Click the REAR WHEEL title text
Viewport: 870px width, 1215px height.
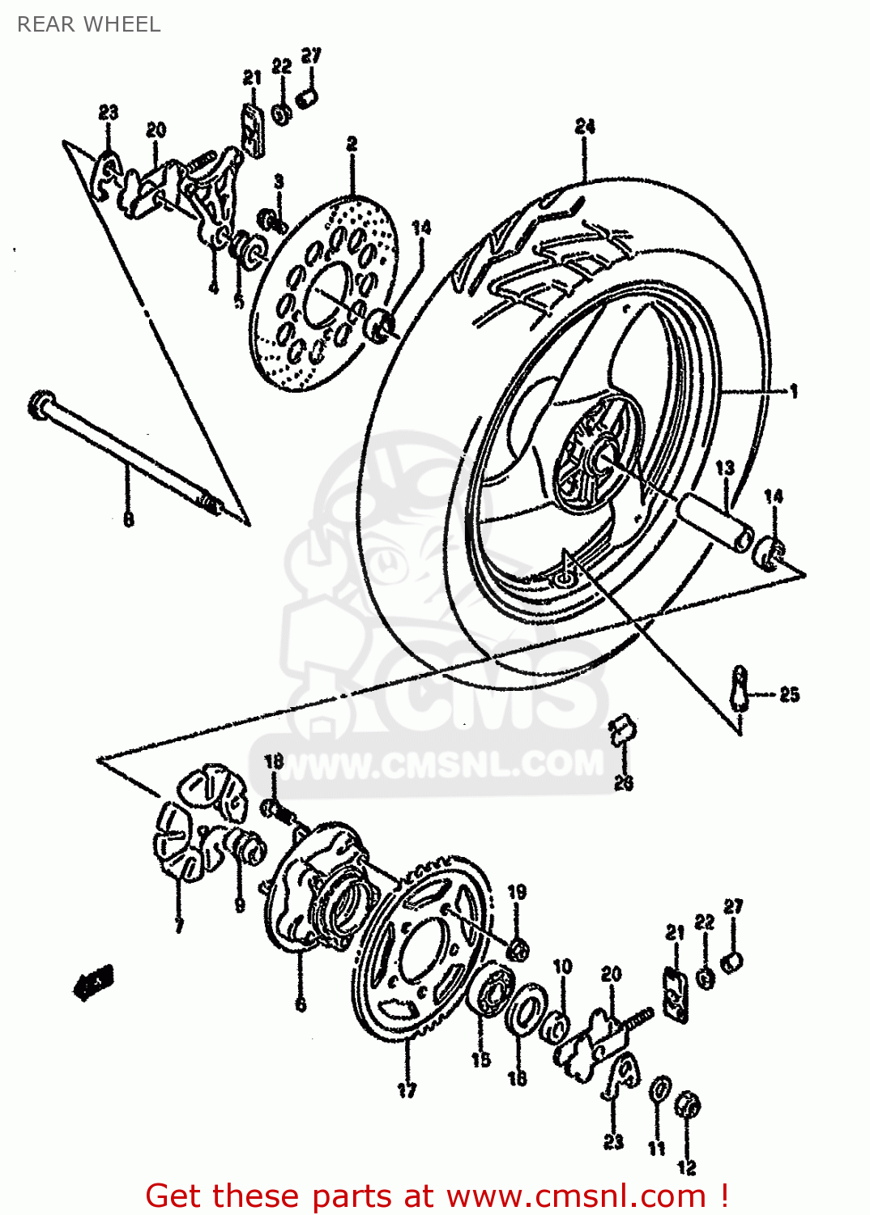click(x=88, y=24)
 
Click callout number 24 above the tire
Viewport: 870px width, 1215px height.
click(x=585, y=126)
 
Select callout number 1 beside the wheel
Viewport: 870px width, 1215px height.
click(x=794, y=391)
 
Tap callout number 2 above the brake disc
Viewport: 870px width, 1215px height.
click(x=352, y=143)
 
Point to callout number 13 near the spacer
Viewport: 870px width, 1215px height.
click(x=724, y=467)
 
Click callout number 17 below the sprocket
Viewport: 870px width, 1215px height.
click(x=407, y=1090)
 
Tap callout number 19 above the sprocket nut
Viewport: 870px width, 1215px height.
click(x=517, y=892)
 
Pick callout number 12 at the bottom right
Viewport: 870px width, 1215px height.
click(x=687, y=1167)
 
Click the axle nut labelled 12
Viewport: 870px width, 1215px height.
click(x=688, y=1104)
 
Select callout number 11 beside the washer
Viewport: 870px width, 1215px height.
click(x=656, y=1148)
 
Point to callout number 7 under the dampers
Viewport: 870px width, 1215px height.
click(x=179, y=925)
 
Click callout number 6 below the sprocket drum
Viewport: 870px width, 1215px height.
click(x=301, y=1004)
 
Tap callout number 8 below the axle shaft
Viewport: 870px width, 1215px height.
click(x=128, y=518)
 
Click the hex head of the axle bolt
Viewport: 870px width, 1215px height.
click(x=40, y=404)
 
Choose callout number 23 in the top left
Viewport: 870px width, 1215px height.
click(x=109, y=113)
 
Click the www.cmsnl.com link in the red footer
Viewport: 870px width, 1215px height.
click(x=576, y=1196)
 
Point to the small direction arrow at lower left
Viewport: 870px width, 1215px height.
click(x=94, y=982)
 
